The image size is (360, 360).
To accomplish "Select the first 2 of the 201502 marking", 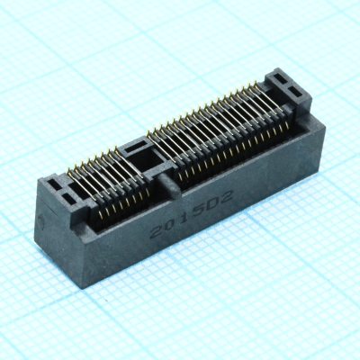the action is coord(157,230).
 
